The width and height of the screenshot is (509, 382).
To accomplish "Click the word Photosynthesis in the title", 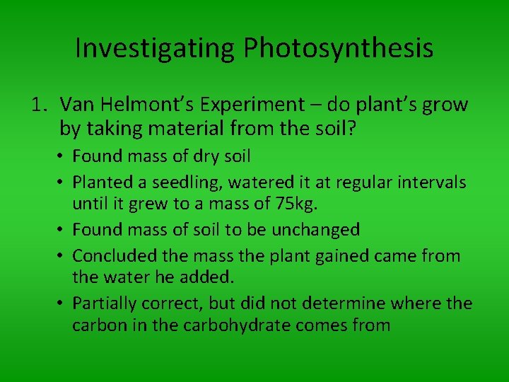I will (339, 48).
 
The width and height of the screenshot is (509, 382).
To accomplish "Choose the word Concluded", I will (115, 255).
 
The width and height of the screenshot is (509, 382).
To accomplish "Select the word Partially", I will (107, 303).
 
